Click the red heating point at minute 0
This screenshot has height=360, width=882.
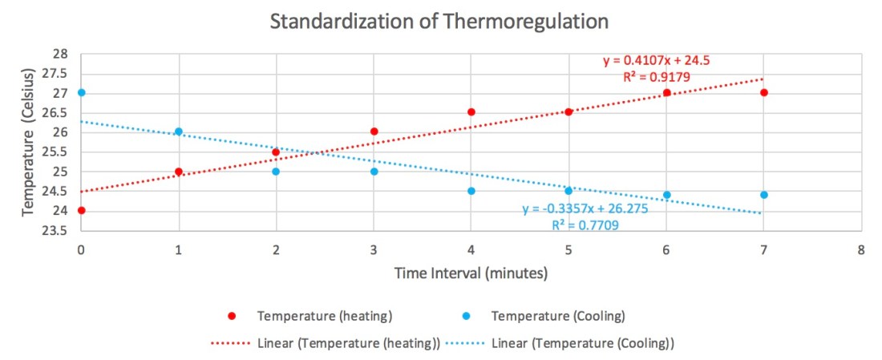pos(81,210)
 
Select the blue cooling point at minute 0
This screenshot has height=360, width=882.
pos(81,92)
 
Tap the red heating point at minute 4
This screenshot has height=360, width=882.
pos(471,111)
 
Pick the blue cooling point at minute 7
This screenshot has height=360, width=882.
pos(764,195)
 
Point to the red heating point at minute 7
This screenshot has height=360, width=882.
pos(764,92)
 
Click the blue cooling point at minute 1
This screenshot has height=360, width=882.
pos(179,131)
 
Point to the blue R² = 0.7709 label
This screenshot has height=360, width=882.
pos(585,226)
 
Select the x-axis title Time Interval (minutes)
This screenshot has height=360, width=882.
pos(471,273)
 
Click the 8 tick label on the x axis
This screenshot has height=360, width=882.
pos(861,249)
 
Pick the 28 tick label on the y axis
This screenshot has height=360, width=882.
pos(62,54)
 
